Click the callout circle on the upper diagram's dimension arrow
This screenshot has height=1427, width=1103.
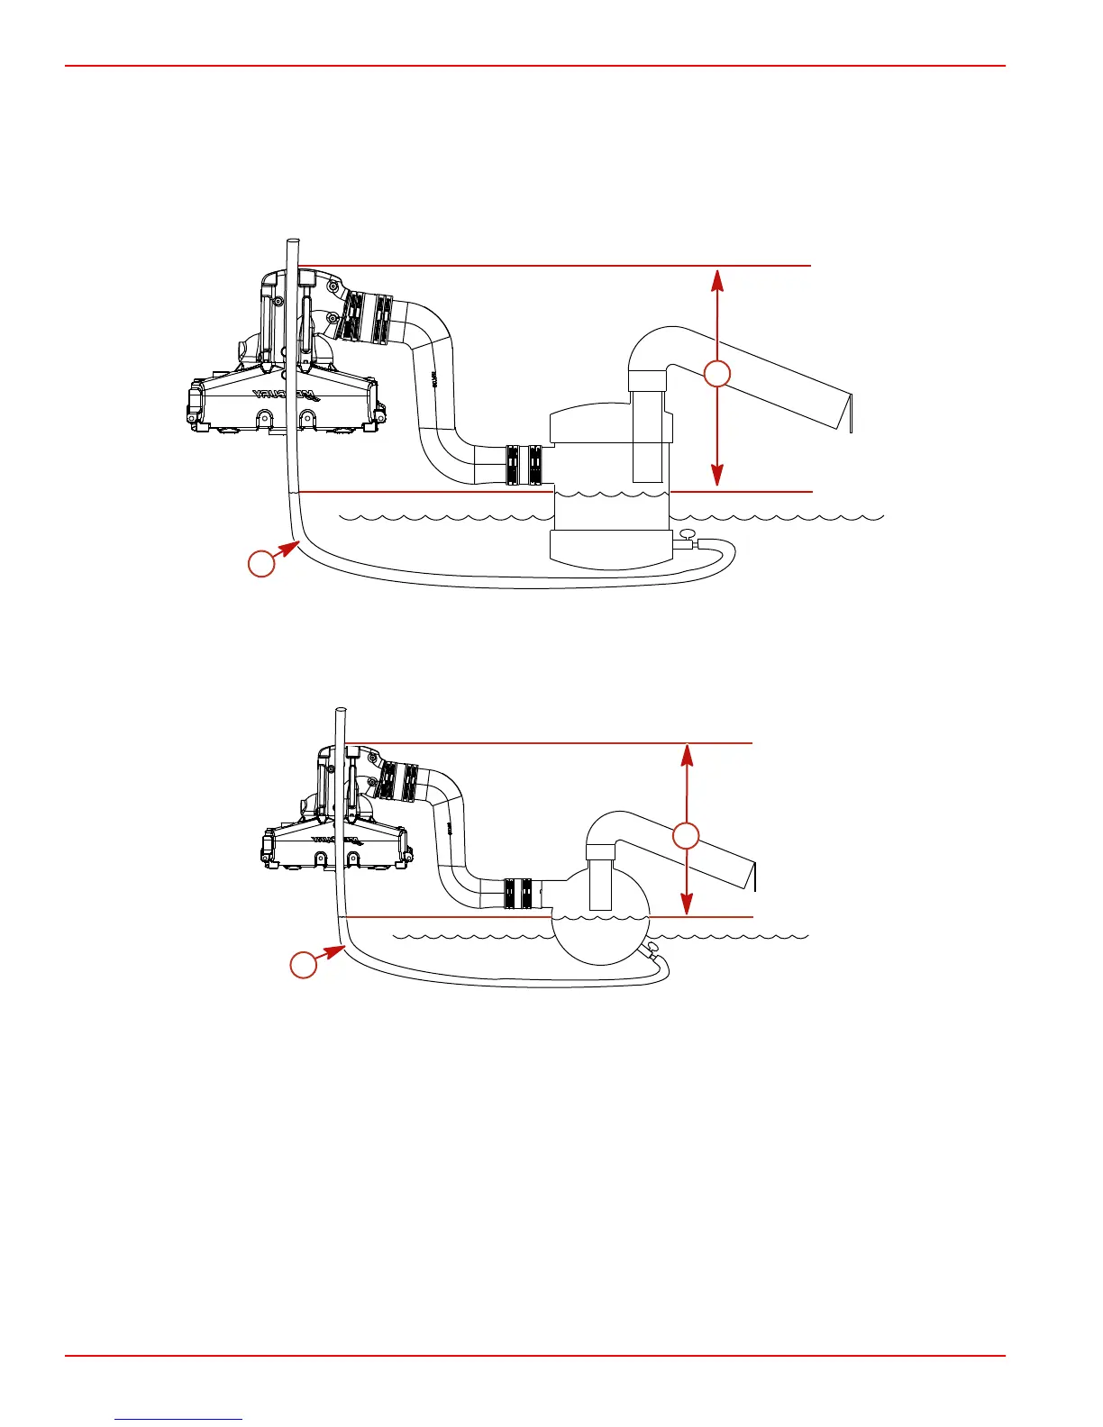[716, 374]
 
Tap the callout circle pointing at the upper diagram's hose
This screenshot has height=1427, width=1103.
[261, 564]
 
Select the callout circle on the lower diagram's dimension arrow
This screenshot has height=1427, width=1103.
[687, 836]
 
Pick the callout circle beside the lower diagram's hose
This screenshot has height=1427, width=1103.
[303, 966]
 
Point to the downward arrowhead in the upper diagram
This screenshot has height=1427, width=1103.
[716, 477]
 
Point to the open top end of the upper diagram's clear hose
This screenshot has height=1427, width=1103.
[291, 241]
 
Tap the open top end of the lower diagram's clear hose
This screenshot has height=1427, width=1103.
[341, 713]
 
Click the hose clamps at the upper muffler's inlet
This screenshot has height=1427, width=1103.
[524, 465]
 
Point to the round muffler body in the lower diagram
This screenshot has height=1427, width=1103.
[599, 937]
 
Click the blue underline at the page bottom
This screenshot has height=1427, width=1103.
[179, 1420]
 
